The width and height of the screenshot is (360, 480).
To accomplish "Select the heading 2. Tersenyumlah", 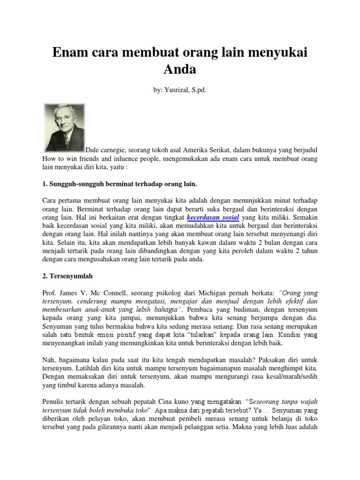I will pos(67,277).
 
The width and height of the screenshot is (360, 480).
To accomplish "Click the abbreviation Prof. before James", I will pos(49,293).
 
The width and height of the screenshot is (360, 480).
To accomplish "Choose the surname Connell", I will pos(119,293).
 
